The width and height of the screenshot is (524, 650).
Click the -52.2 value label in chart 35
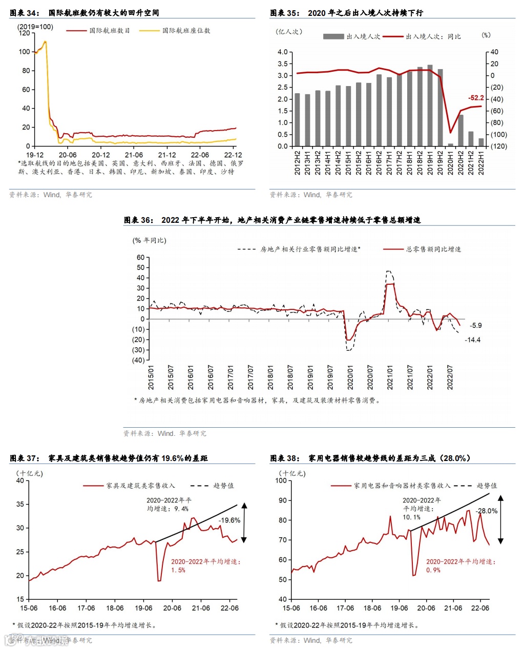click(x=476, y=98)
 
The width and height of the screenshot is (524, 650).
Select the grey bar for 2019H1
click(x=430, y=106)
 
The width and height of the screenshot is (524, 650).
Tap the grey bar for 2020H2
click(x=461, y=130)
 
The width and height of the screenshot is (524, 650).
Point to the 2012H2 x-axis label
click(x=298, y=163)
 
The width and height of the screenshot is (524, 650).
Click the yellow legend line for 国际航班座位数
click(x=150, y=31)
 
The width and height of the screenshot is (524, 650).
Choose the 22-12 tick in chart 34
click(x=233, y=155)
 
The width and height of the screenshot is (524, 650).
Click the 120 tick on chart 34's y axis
click(x=24, y=33)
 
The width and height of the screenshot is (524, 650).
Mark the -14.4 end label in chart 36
click(x=472, y=340)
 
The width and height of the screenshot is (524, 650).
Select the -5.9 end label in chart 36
click(x=476, y=325)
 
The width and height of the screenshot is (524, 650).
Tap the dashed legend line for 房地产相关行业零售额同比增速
click(x=246, y=249)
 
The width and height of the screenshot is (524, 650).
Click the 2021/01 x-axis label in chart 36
click(x=390, y=378)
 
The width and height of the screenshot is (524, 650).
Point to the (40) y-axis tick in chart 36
click(x=138, y=360)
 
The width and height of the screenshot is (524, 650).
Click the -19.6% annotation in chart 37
click(x=229, y=520)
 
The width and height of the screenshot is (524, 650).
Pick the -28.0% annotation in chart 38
click(x=486, y=511)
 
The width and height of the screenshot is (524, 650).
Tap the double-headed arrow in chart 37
click(x=244, y=522)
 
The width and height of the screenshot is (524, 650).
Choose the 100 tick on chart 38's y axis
click(x=281, y=480)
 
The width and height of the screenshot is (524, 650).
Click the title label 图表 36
click(x=138, y=220)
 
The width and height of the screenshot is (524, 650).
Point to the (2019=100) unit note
click(x=35, y=27)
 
